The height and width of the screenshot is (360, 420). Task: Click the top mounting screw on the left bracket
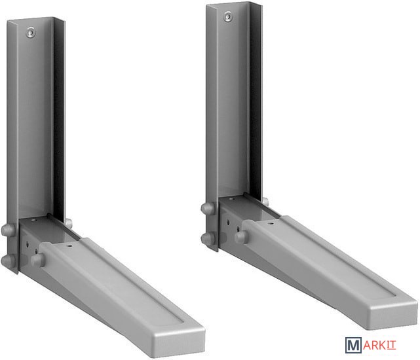coord(31,33)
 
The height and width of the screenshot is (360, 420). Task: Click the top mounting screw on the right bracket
coord(228,16)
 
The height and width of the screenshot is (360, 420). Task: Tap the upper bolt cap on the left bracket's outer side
coord(8,230)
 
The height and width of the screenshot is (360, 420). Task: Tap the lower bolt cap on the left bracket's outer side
coord(8,261)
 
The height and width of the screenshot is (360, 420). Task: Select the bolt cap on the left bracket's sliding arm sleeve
coord(38,259)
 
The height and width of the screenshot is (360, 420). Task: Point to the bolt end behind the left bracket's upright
coord(69,223)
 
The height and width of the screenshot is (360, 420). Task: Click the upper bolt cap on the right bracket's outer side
coord(208,208)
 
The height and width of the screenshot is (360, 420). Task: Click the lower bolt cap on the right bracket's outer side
coord(208,238)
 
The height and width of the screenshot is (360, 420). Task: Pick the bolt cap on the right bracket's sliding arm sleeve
coord(241,237)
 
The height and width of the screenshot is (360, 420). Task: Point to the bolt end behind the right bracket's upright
coord(265,202)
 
